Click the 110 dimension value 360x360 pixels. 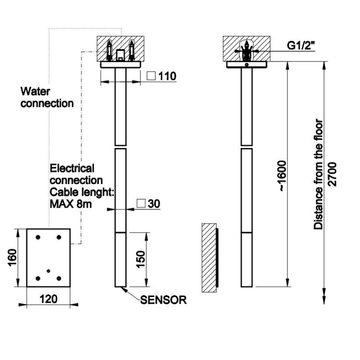tap(167, 76)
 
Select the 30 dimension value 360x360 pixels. tap(154, 204)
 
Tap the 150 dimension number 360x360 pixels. tap(141, 260)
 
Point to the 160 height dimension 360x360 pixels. tap(12, 258)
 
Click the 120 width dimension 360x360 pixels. tap(48, 299)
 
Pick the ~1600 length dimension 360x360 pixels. tap(282, 176)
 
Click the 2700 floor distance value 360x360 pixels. tap(332, 174)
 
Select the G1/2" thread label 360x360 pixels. tap(300, 45)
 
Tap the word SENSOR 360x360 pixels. tap(163, 300)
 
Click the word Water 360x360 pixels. tap(35, 91)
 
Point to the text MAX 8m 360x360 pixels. tap(71, 204)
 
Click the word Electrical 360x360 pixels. tap(72, 168)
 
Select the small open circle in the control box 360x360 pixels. tap(48, 271)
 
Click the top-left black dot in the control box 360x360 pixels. tap(38, 237)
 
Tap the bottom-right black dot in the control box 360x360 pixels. tap(59, 278)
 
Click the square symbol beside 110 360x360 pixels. tap(151, 75)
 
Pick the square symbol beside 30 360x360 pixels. tap(141, 203)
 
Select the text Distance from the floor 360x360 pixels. tap(318, 174)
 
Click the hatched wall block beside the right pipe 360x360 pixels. tap(209, 258)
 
